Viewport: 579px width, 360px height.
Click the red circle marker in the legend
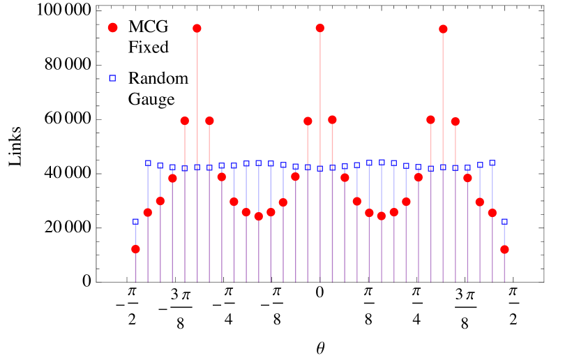click(112, 27)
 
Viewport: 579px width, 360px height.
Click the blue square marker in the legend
click(112, 78)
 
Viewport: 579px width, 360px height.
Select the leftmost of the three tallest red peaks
click(197, 29)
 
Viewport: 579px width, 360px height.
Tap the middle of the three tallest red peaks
click(320, 28)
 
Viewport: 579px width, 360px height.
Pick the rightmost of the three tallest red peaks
click(443, 29)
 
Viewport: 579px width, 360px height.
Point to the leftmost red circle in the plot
click(135, 249)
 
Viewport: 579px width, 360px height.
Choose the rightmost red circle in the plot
click(504, 249)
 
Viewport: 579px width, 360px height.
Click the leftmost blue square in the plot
click(135, 221)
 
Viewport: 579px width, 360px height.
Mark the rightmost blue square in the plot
click(504, 221)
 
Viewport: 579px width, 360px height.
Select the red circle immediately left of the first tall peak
click(185, 121)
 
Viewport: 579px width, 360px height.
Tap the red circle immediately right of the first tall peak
click(209, 121)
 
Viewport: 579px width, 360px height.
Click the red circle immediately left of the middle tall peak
click(308, 121)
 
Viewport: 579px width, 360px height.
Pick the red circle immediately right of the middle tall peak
click(332, 119)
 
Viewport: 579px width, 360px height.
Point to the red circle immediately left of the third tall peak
click(430, 119)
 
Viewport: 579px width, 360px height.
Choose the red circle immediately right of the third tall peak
click(456, 121)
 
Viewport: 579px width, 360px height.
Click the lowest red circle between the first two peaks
click(258, 216)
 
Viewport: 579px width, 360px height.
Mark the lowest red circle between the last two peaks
click(382, 216)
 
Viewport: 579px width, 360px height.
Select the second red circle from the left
click(148, 212)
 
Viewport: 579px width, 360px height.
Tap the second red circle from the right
click(492, 213)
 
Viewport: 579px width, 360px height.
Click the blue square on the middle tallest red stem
click(320, 168)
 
